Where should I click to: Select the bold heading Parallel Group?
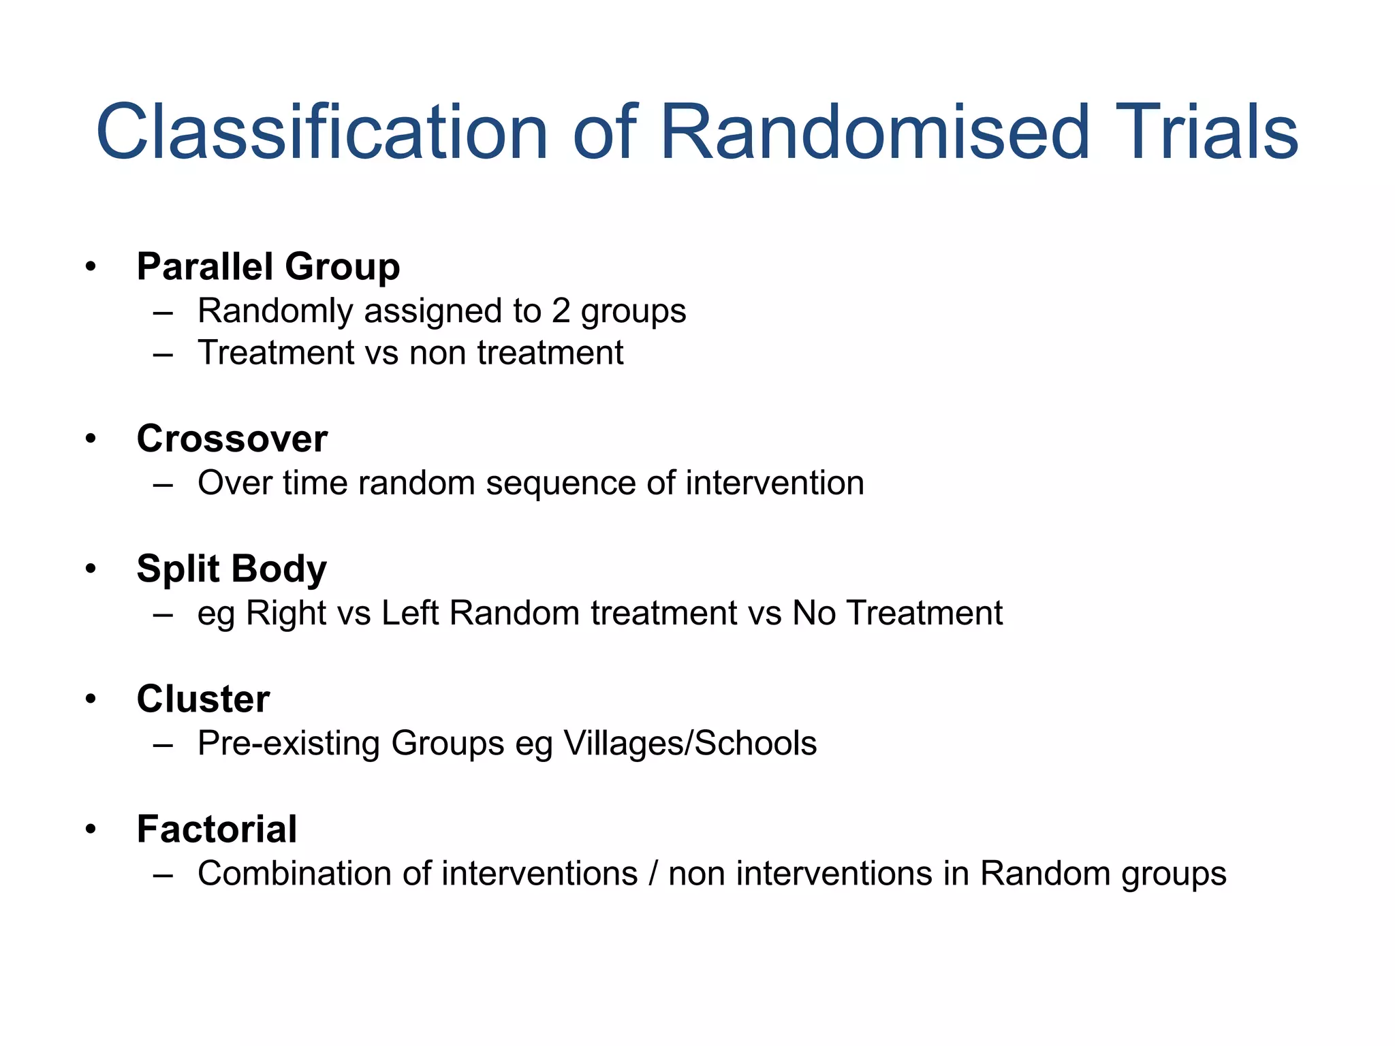pos(268,266)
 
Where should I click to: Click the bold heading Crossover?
pos(232,439)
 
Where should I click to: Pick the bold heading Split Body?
pos(232,569)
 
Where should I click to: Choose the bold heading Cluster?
pos(203,699)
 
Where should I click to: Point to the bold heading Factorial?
pos(217,829)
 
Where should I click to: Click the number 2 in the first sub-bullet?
pos(561,311)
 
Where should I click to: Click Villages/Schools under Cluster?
pos(690,743)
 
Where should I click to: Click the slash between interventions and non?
pos(653,874)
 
